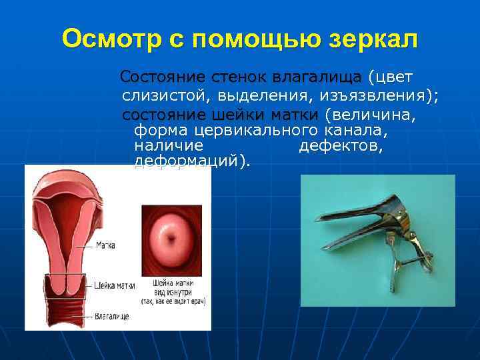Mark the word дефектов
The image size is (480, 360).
point(341,145)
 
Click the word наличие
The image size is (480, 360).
point(168,145)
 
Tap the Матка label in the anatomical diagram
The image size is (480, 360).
point(105,245)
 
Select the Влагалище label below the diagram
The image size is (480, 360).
point(111,315)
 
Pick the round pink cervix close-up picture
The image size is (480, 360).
point(171,237)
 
